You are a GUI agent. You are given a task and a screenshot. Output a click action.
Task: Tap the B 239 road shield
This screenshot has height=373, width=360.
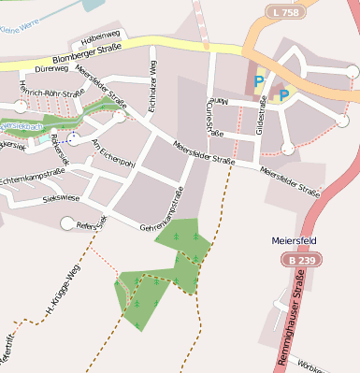(301, 258)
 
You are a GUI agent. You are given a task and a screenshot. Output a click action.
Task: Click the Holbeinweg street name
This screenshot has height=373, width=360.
(101, 36)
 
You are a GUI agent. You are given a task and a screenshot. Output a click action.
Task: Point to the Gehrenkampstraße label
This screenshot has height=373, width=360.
(162, 214)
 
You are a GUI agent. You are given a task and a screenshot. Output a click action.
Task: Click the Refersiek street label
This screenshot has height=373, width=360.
(92, 224)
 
